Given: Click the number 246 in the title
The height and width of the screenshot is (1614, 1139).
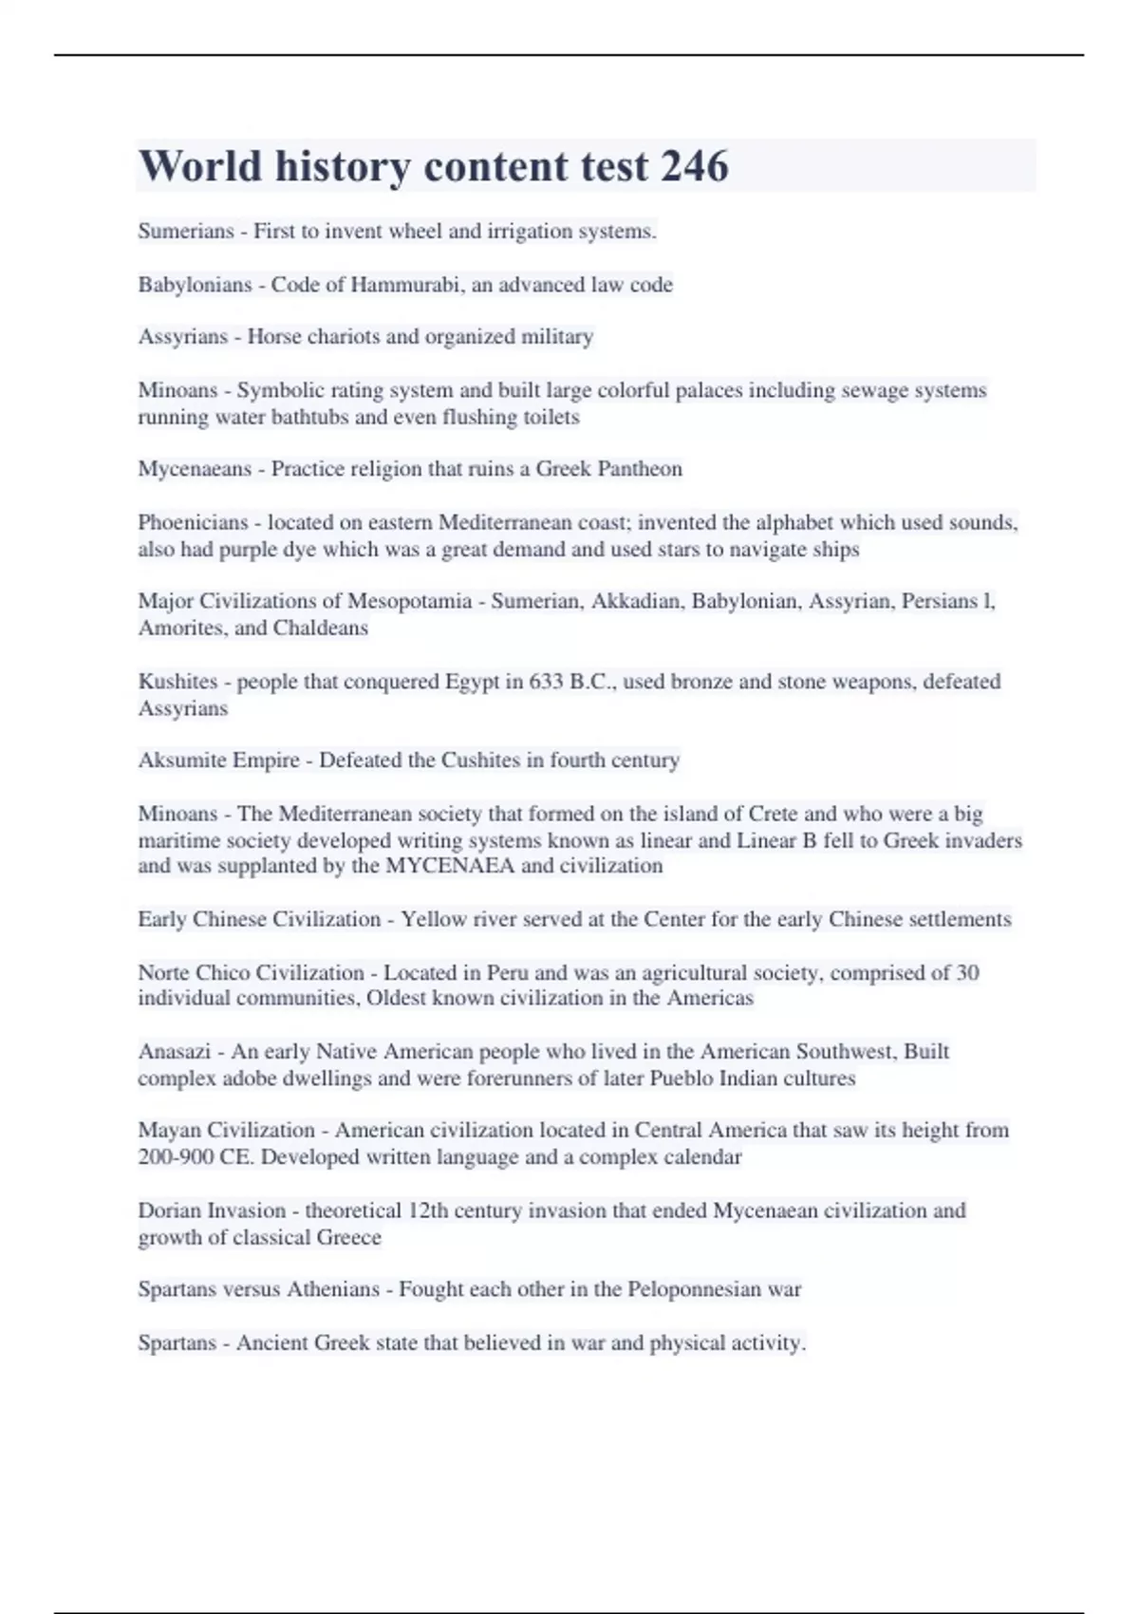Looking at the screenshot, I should pyautogui.click(x=694, y=166).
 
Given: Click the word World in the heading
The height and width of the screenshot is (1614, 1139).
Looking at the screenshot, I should pyautogui.click(x=200, y=166).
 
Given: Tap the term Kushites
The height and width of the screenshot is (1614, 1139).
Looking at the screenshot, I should pyautogui.click(x=177, y=682).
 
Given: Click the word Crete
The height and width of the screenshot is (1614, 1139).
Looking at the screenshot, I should pyautogui.click(x=773, y=814).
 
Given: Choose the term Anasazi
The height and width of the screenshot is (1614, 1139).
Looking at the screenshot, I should pyautogui.click(x=174, y=1052).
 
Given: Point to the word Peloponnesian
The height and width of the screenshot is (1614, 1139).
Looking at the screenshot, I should pyautogui.click(x=694, y=1289).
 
